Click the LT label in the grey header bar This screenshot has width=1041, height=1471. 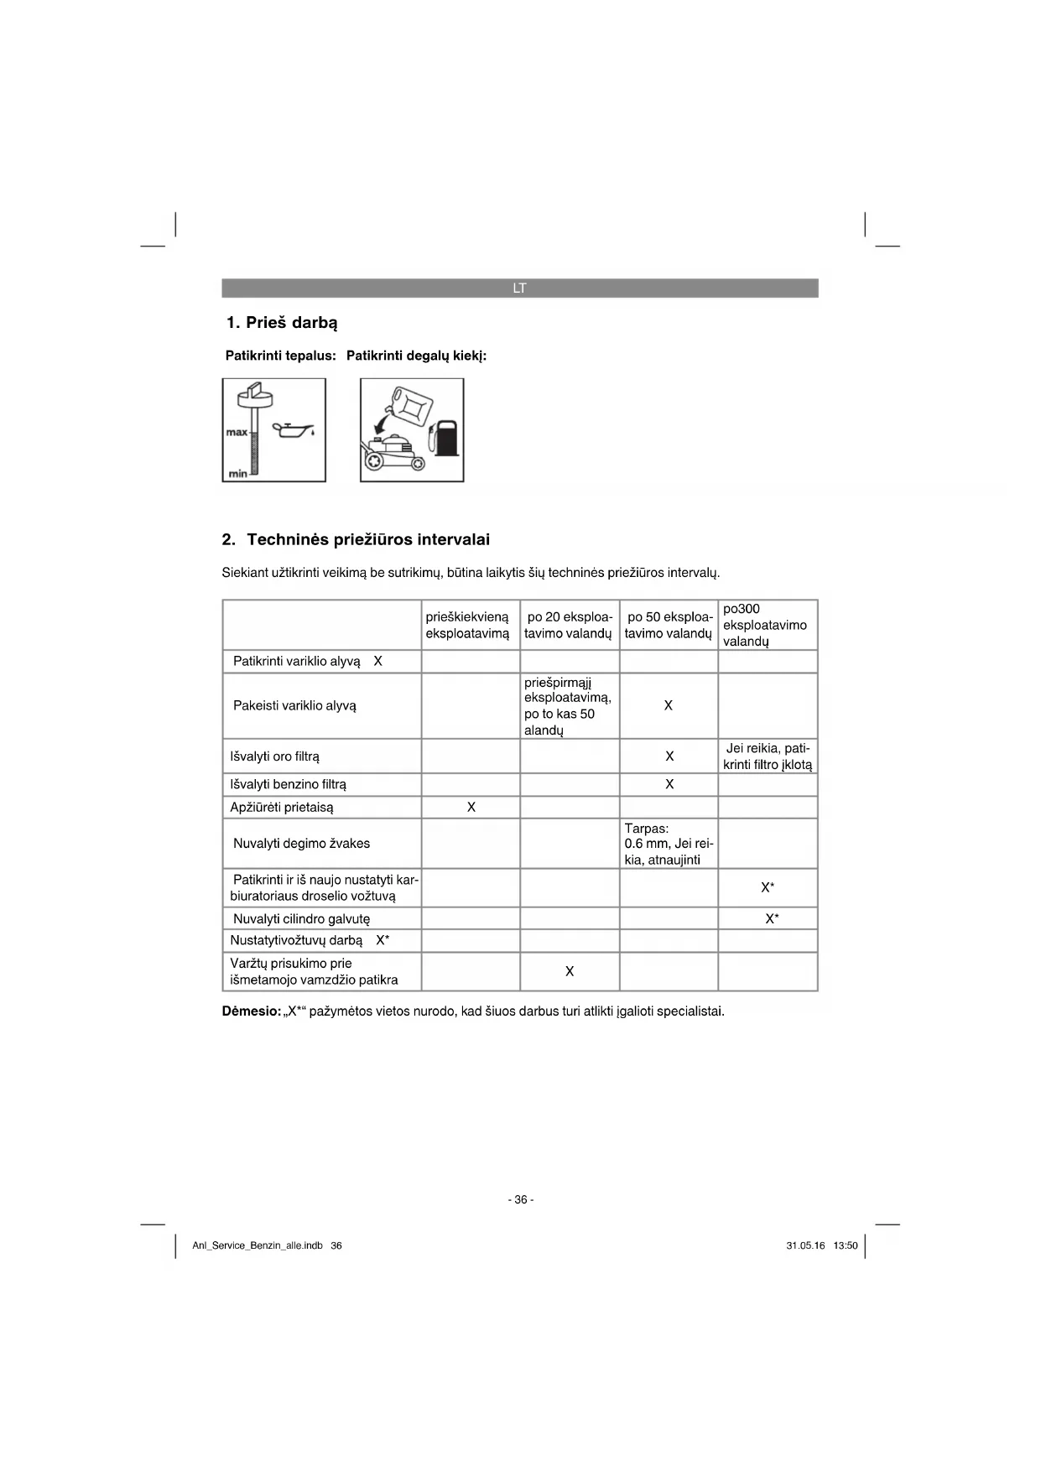519,288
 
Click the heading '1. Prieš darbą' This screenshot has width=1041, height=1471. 282,323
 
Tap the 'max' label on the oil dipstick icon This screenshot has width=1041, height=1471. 237,433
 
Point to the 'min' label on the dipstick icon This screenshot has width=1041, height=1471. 237,474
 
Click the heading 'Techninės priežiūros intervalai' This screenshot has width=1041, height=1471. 367,539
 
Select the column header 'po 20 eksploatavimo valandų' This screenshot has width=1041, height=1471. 569,625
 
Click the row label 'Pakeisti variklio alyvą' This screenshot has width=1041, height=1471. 294,706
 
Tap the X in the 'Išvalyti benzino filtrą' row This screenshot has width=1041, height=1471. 669,785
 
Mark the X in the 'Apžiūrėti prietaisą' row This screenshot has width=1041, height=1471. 471,808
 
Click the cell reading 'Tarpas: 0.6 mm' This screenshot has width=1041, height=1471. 669,844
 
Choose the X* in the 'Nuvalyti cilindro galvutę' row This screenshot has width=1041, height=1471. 772,919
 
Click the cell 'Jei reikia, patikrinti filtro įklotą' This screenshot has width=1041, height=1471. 768,756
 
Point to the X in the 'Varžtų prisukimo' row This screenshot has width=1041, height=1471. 570,972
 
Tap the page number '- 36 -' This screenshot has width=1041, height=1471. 520,1200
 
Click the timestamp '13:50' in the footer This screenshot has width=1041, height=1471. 846,1246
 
